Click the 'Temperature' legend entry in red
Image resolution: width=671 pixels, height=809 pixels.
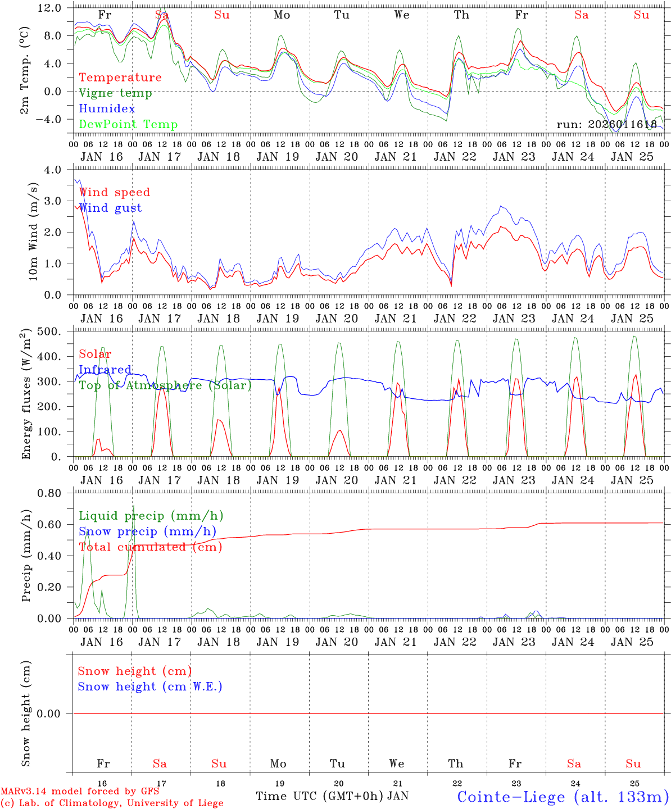tap(120, 78)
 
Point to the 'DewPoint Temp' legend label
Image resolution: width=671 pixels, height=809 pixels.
tap(128, 125)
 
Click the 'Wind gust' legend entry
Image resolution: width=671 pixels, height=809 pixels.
tap(111, 208)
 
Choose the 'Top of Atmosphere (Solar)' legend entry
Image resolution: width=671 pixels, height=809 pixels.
tap(165, 385)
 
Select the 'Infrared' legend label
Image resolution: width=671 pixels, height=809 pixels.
tap(105, 370)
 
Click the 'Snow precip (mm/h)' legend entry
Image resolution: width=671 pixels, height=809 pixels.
tap(147, 531)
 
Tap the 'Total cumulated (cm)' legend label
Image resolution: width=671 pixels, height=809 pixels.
tap(150, 547)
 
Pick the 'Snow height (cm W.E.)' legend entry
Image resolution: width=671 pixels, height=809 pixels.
tap(150, 687)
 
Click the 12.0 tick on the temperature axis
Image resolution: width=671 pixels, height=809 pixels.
tap(55, 8)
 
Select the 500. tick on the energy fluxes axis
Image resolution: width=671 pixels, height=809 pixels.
tap(55, 331)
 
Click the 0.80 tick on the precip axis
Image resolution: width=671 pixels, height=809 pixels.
tap(55, 493)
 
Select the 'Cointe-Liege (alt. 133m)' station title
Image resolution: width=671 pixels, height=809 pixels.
tap(563, 797)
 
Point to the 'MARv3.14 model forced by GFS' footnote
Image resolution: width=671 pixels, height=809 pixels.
tap(79, 792)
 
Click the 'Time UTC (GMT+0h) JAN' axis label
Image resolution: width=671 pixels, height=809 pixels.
tap(332, 796)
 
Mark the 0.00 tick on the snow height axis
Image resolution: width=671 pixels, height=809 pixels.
tap(55, 713)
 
